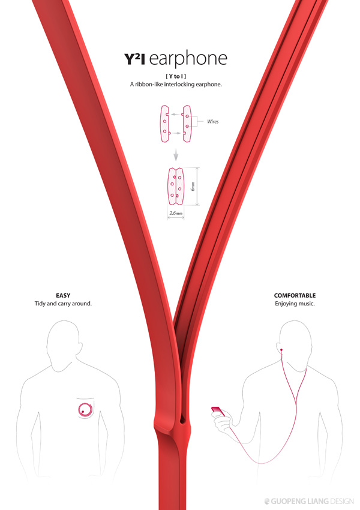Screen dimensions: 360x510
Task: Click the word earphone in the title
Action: pyautogui.click(x=188, y=59)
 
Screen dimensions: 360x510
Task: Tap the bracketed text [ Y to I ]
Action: pyautogui.click(x=176, y=76)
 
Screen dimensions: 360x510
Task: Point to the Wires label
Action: pyautogui.click(x=213, y=122)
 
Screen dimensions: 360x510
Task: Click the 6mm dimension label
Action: pyautogui.click(x=193, y=186)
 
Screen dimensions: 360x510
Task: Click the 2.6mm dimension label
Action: pyautogui.click(x=176, y=214)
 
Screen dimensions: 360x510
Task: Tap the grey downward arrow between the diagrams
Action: pyautogui.click(x=176, y=155)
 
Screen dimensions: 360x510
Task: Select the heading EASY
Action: pyautogui.click(x=63, y=295)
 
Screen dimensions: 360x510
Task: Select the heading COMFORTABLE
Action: pyautogui.click(x=295, y=295)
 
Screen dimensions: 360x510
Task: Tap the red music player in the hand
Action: pyautogui.click(x=218, y=412)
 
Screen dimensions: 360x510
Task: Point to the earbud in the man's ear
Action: pyautogui.click(x=281, y=350)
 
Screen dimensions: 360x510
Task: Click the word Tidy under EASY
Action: pyautogui.click(x=40, y=304)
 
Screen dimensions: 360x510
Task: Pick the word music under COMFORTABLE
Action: pyautogui.click(x=307, y=304)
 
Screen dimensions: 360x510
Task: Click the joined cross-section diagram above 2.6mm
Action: pyautogui.click(x=176, y=187)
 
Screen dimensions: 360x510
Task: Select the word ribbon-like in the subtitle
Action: pyautogui.click(x=149, y=84)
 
